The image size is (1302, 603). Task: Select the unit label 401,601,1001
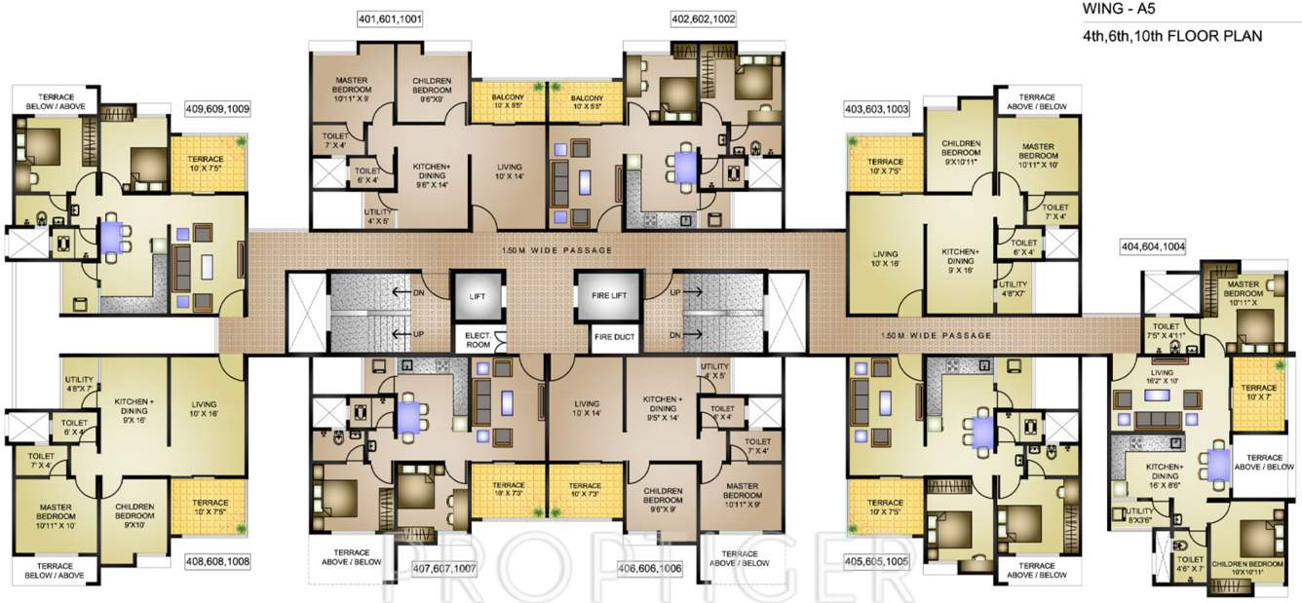(x=390, y=19)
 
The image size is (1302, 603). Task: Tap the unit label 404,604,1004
(x=1153, y=247)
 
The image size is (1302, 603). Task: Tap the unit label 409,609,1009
(x=217, y=110)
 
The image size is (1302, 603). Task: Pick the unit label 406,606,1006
(x=650, y=568)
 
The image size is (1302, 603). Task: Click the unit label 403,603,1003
(x=876, y=110)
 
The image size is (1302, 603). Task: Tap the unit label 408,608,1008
(x=217, y=561)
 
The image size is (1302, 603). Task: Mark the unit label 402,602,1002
(x=703, y=19)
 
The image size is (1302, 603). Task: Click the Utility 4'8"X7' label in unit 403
(x=1014, y=288)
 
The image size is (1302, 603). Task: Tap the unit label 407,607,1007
(x=443, y=568)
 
